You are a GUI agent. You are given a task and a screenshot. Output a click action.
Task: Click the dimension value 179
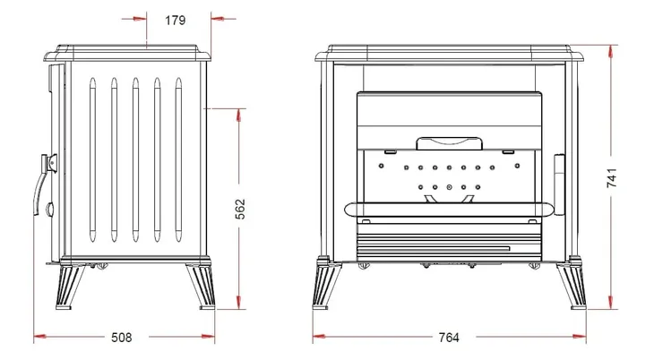tap(175, 20)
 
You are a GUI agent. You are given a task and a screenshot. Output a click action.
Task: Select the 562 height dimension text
tap(240, 209)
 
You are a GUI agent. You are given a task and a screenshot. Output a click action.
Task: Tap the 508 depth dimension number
tap(121, 337)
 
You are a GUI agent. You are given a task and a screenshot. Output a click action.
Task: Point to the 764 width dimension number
tap(449, 337)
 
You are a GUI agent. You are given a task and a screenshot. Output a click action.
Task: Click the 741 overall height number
tap(612, 177)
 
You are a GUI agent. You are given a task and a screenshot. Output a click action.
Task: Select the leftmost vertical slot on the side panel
tap(92, 159)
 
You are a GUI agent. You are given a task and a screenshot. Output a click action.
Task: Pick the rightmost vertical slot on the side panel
tap(178, 159)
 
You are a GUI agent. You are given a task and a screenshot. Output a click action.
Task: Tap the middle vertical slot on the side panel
tap(135, 159)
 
